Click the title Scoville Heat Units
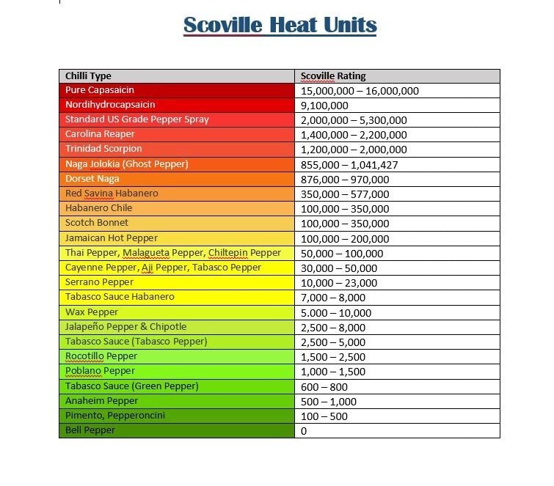pos(280,25)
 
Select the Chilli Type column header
pos(88,76)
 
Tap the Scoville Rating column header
pos(333,76)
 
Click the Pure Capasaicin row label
pos(100,90)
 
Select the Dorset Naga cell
pos(92,179)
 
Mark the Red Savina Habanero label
pos(112,194)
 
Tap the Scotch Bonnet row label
pos(96,223)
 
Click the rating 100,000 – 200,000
pos(345,238)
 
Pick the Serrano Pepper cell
pos(99,282)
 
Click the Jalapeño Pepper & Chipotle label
pos(125,327)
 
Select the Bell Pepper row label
pos(90,430)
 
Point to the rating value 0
pos(304,430)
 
